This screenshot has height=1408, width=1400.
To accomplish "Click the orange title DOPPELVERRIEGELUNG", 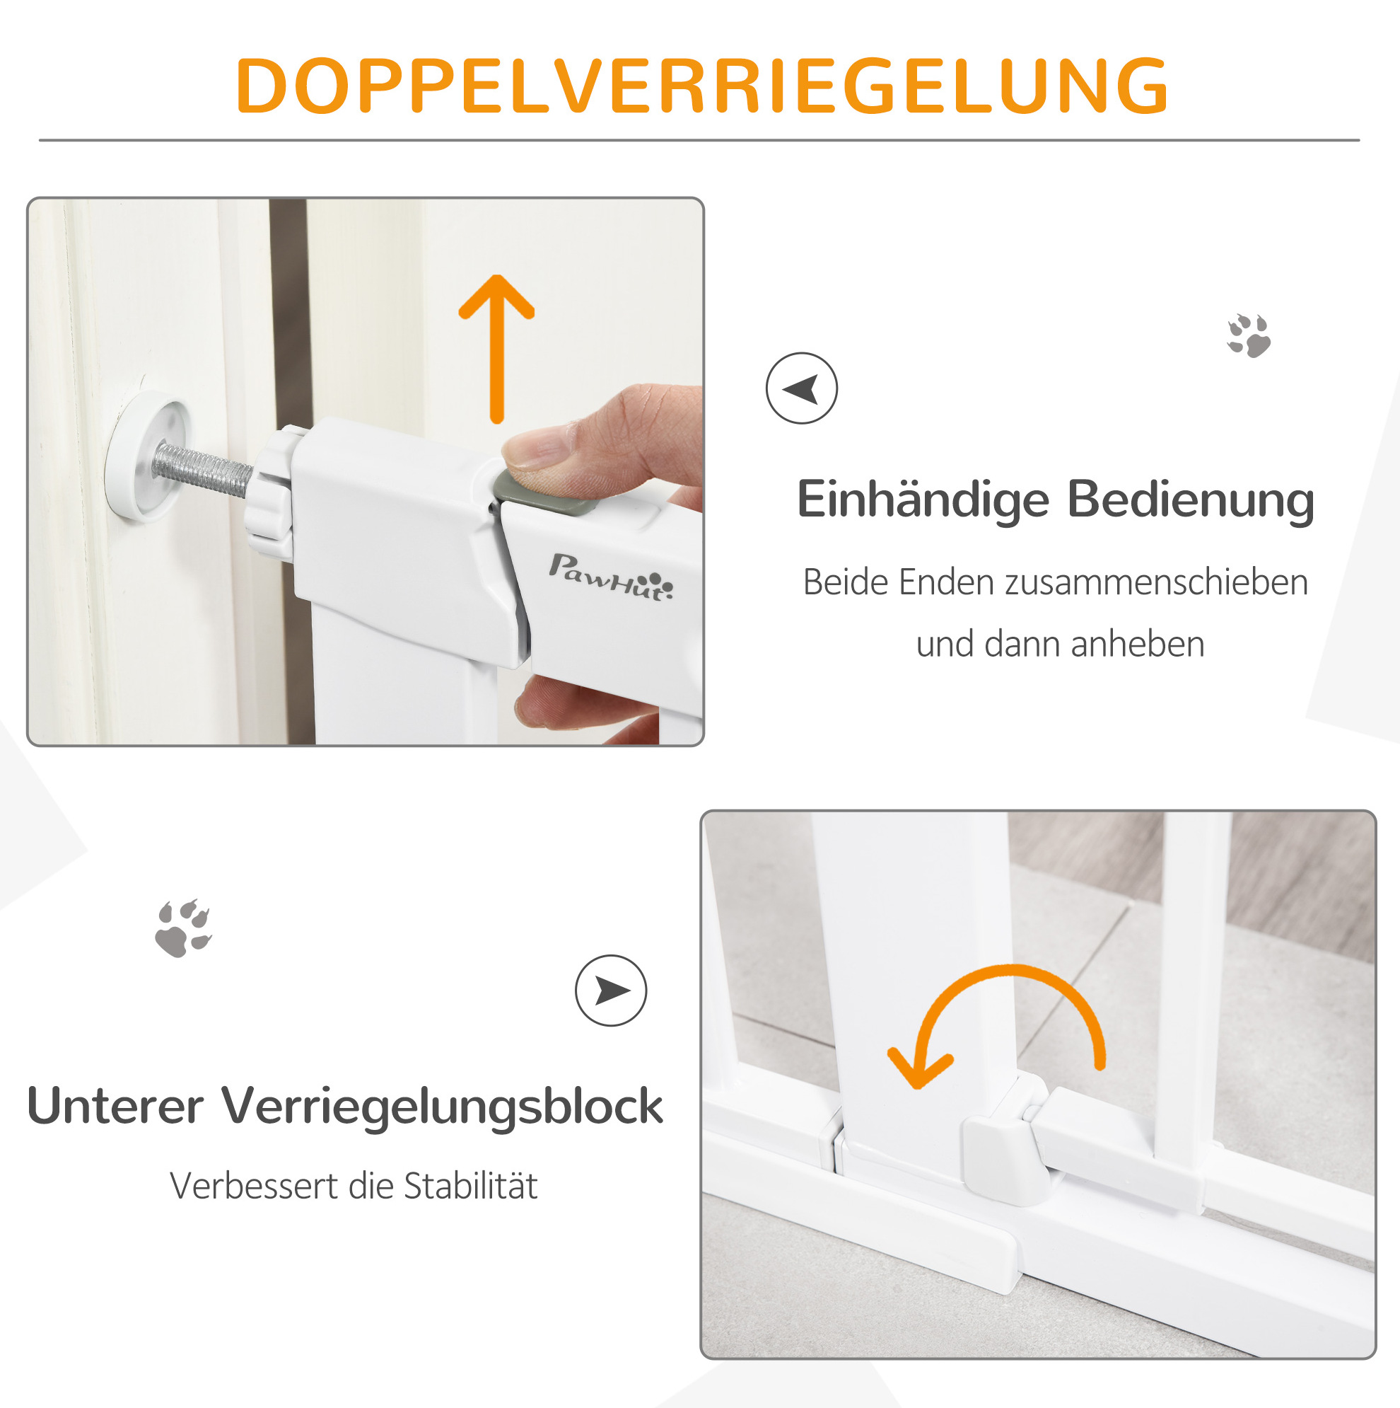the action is tap(701, 86).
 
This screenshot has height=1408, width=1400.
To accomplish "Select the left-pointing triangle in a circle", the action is tap(801, 388).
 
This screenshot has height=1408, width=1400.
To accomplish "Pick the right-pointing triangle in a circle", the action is tap(610, 991).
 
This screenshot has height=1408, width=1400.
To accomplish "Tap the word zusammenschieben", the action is tap(1157, 582).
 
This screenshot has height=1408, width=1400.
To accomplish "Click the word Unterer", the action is tap(115, 1107).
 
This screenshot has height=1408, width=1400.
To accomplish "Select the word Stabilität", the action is tap(470, 1186).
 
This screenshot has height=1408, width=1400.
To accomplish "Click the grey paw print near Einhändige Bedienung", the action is tap(1249, 335).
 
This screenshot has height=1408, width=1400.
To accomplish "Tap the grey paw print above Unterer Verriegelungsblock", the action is tap(183, 928).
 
